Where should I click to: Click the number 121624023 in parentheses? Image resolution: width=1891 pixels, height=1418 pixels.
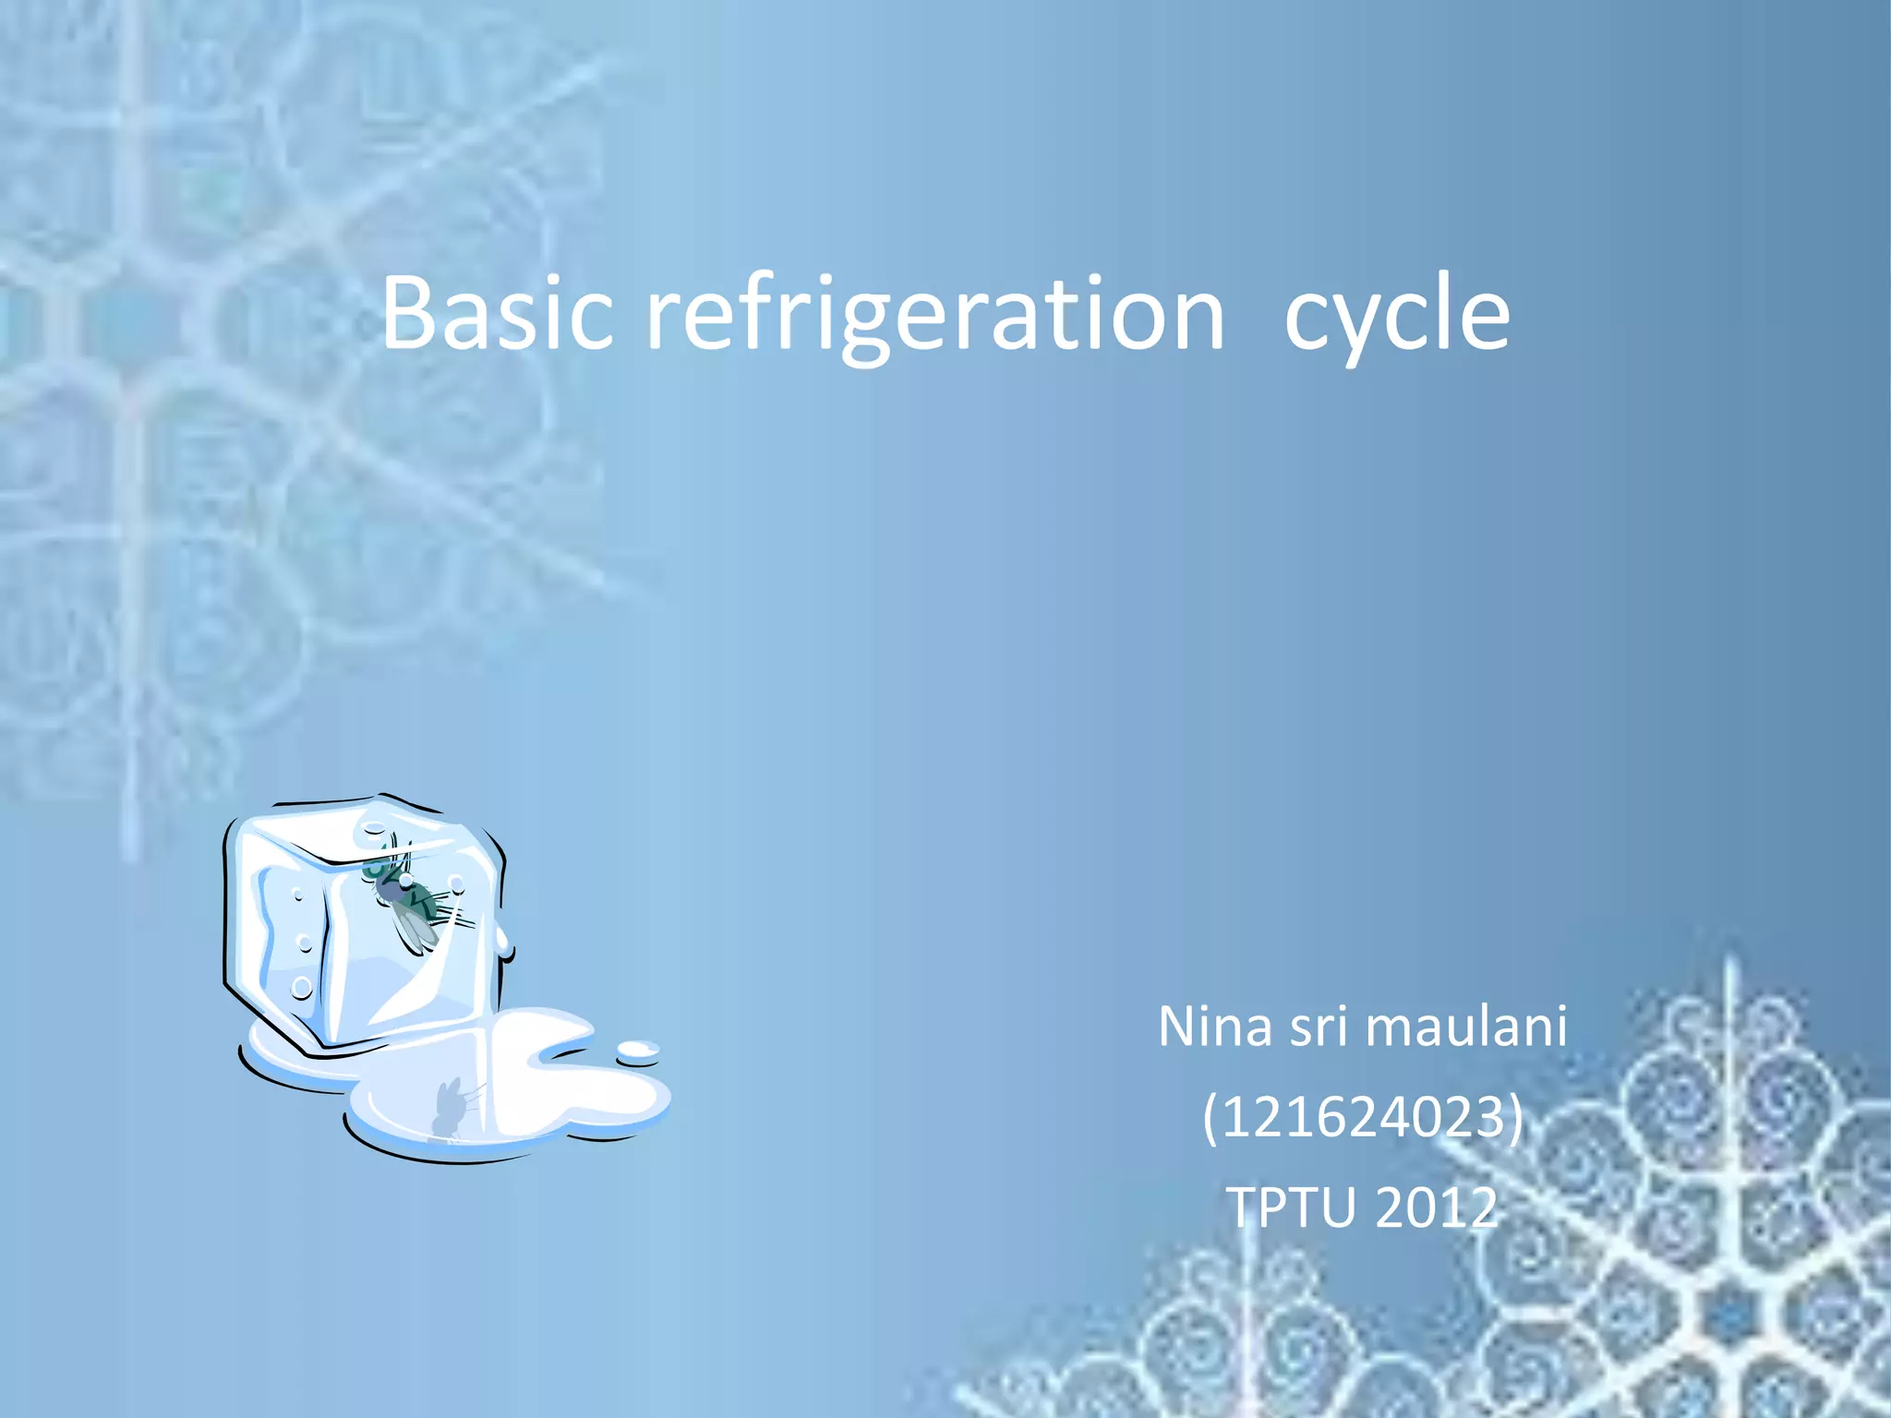(x=1363, y=1117)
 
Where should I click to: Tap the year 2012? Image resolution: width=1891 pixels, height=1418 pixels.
(x=1437, y=1208)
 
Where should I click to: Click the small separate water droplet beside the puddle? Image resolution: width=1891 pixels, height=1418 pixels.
(x=637, y=1050)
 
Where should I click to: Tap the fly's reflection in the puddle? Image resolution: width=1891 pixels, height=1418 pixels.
(x=450, y=1106)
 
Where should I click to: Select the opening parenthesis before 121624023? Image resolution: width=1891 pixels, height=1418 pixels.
(x=1210, y=1119)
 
